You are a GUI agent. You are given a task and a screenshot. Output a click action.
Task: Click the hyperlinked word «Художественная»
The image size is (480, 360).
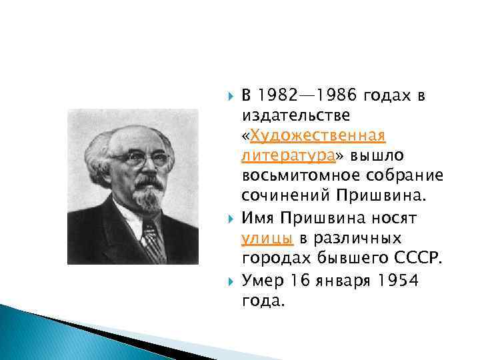pos(317,137)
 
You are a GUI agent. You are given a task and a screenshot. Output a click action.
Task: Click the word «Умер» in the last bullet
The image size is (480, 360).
pos(262,281)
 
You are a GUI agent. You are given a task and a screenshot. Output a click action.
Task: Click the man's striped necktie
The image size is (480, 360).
pos(153,239)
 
